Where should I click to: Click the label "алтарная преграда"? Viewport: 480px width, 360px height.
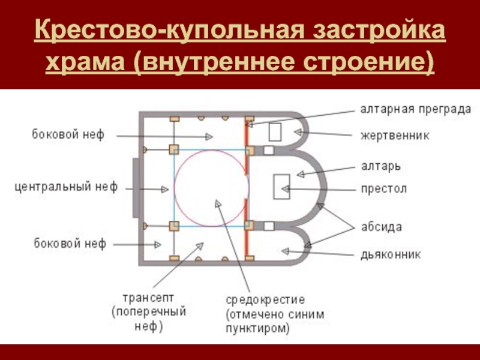point(415,109)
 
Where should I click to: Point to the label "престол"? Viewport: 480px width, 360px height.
point(383,188)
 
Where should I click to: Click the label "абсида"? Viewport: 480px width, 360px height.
point(380,227)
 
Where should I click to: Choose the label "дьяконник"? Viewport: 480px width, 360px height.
point(390,254)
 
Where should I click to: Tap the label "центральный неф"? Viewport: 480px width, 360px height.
point(66,187)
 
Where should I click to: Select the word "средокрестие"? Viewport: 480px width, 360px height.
point(266,299)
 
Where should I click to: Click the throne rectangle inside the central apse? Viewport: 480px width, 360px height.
point(281,187)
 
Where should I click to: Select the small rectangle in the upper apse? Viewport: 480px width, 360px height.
point(275,131)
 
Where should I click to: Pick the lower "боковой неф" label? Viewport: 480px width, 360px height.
point(69,244)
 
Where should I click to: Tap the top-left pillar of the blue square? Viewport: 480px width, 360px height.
point(174,149)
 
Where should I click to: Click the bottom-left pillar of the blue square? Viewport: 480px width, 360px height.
point(174,226)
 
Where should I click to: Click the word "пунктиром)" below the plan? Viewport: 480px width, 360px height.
point(257,328)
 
